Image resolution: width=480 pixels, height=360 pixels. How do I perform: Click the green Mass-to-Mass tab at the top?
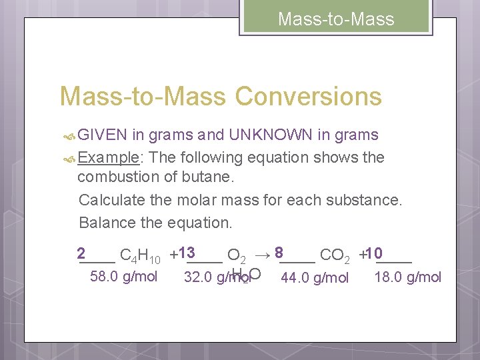click(x=336, y=19)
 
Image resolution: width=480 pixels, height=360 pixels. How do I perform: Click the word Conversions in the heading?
click(x=308, y=97)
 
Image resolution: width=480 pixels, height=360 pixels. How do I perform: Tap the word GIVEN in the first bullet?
click(x=102, y=135)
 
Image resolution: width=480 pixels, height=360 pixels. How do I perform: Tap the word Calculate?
click(x=109, y=201)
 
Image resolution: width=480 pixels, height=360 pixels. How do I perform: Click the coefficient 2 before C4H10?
click(x=81, y=253)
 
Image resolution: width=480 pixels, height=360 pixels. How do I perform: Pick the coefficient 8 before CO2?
click(x=279, y=253)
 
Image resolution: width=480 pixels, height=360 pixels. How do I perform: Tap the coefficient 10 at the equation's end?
click(x=373, y=253)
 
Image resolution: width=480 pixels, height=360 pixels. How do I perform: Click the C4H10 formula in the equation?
click(x=139, y=256)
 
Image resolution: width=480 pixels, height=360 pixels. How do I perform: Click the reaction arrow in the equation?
click(x=263, y=254)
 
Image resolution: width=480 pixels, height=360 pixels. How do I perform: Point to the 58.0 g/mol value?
click(x=123, y=276)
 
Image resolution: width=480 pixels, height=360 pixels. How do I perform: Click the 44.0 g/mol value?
click(x=315, y=277)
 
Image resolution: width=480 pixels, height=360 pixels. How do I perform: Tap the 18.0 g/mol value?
click(x=408, y=277)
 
